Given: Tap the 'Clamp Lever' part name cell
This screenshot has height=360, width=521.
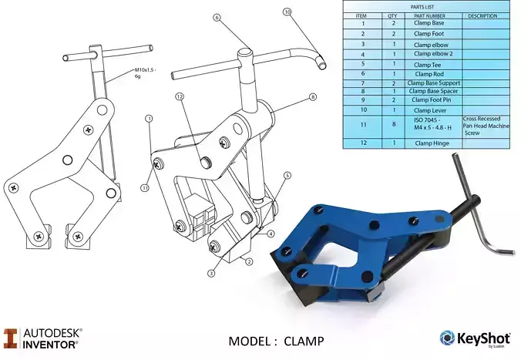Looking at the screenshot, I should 429,110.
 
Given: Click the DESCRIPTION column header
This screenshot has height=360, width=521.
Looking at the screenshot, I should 482,15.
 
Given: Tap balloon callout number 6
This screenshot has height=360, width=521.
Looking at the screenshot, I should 217,17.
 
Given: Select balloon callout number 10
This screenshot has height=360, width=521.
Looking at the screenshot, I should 287,12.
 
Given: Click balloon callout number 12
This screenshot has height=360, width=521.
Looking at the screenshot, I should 179,97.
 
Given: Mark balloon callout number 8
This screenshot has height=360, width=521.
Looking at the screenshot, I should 313,97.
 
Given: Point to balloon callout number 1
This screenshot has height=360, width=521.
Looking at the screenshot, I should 148,119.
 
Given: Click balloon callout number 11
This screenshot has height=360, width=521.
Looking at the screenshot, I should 144,187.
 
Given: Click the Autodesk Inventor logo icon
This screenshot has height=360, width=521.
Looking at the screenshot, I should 11,338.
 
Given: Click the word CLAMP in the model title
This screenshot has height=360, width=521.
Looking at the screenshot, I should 304,341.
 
